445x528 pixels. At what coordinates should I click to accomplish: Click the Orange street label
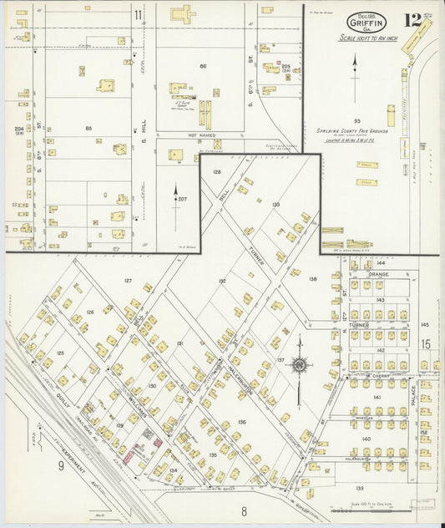coord(378,273)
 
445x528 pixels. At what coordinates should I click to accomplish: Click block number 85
coord(88,128)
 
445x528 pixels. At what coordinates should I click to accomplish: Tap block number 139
coord(360,487)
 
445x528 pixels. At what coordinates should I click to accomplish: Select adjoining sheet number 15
coord(425,343)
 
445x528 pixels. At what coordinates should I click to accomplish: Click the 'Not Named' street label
coord(198,135)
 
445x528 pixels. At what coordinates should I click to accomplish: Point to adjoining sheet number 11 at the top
coord(138,15)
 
